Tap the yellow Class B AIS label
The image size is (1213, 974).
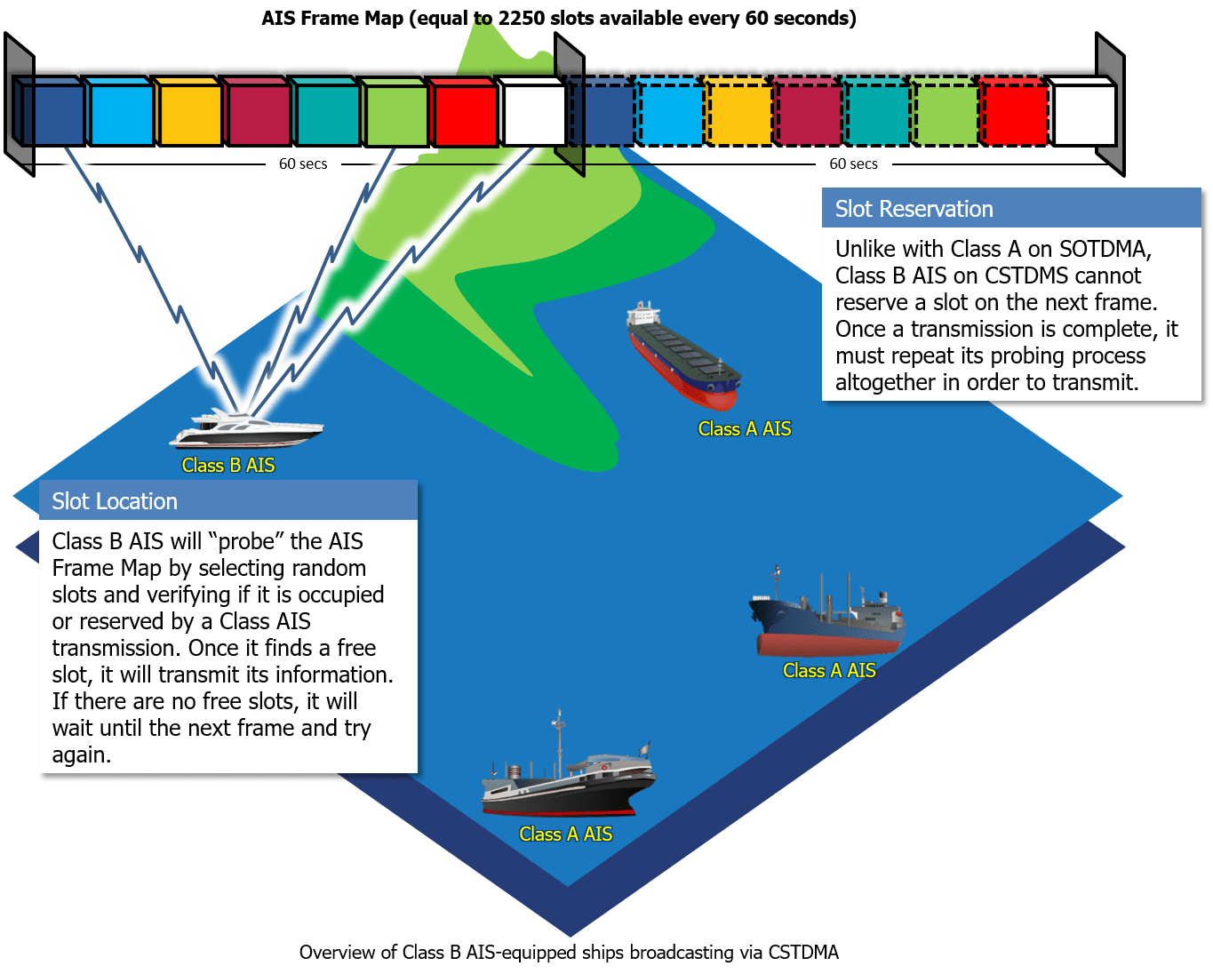tap(228, 466)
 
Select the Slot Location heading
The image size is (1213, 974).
tap(115, 501)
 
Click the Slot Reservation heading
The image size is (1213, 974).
tap(914, 209)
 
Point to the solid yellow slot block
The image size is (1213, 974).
tap(188, 113)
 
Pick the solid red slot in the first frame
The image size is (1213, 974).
tap(464, 114)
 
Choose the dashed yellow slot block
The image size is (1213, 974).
tap(737, 113)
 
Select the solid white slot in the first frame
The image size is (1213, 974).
tap(532, 113)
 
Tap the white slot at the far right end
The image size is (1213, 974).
tap(1081, 113)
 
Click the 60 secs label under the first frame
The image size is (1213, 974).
tap(303, 164)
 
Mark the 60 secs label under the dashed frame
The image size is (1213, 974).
tap(853, 164)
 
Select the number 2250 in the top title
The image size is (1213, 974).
tap(522, 18)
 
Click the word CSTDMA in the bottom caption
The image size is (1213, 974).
tap(803, 953)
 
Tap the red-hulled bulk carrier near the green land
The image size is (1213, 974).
tap(682, 355)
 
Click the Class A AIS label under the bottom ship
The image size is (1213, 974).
tap(566, 834)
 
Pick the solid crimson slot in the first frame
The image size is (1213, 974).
tap(258, 113)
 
